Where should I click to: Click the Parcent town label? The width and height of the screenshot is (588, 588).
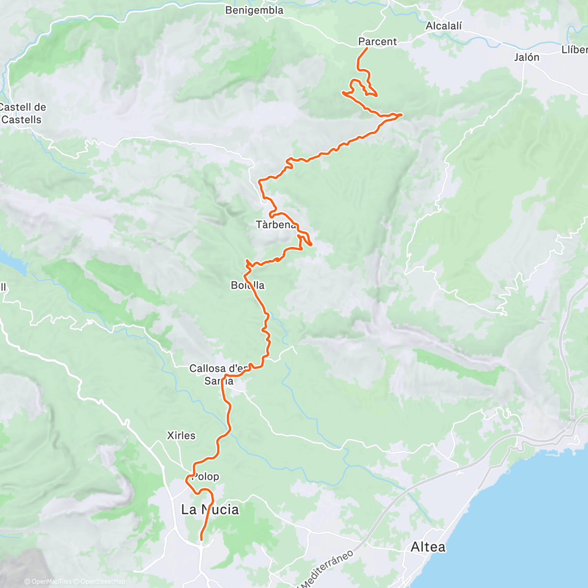377,42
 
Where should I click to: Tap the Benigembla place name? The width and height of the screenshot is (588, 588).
254,10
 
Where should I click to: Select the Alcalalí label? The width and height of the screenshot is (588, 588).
443,26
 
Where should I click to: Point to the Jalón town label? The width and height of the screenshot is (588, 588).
527,57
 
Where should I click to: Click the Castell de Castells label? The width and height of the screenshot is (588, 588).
23,113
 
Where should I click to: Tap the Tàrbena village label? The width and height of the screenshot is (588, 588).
276,225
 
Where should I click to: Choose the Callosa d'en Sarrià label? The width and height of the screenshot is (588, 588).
219,374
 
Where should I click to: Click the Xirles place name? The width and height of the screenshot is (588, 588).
181,436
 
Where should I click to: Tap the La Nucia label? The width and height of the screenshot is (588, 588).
210,510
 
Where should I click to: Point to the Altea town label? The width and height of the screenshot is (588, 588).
428,547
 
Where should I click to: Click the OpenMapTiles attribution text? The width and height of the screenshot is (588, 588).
48,582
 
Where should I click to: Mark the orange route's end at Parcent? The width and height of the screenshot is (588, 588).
367,48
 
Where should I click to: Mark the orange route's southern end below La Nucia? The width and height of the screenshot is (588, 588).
201,540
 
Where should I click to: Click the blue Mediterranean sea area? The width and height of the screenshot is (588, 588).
529,514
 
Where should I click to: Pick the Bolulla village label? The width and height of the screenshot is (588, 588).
247,285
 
